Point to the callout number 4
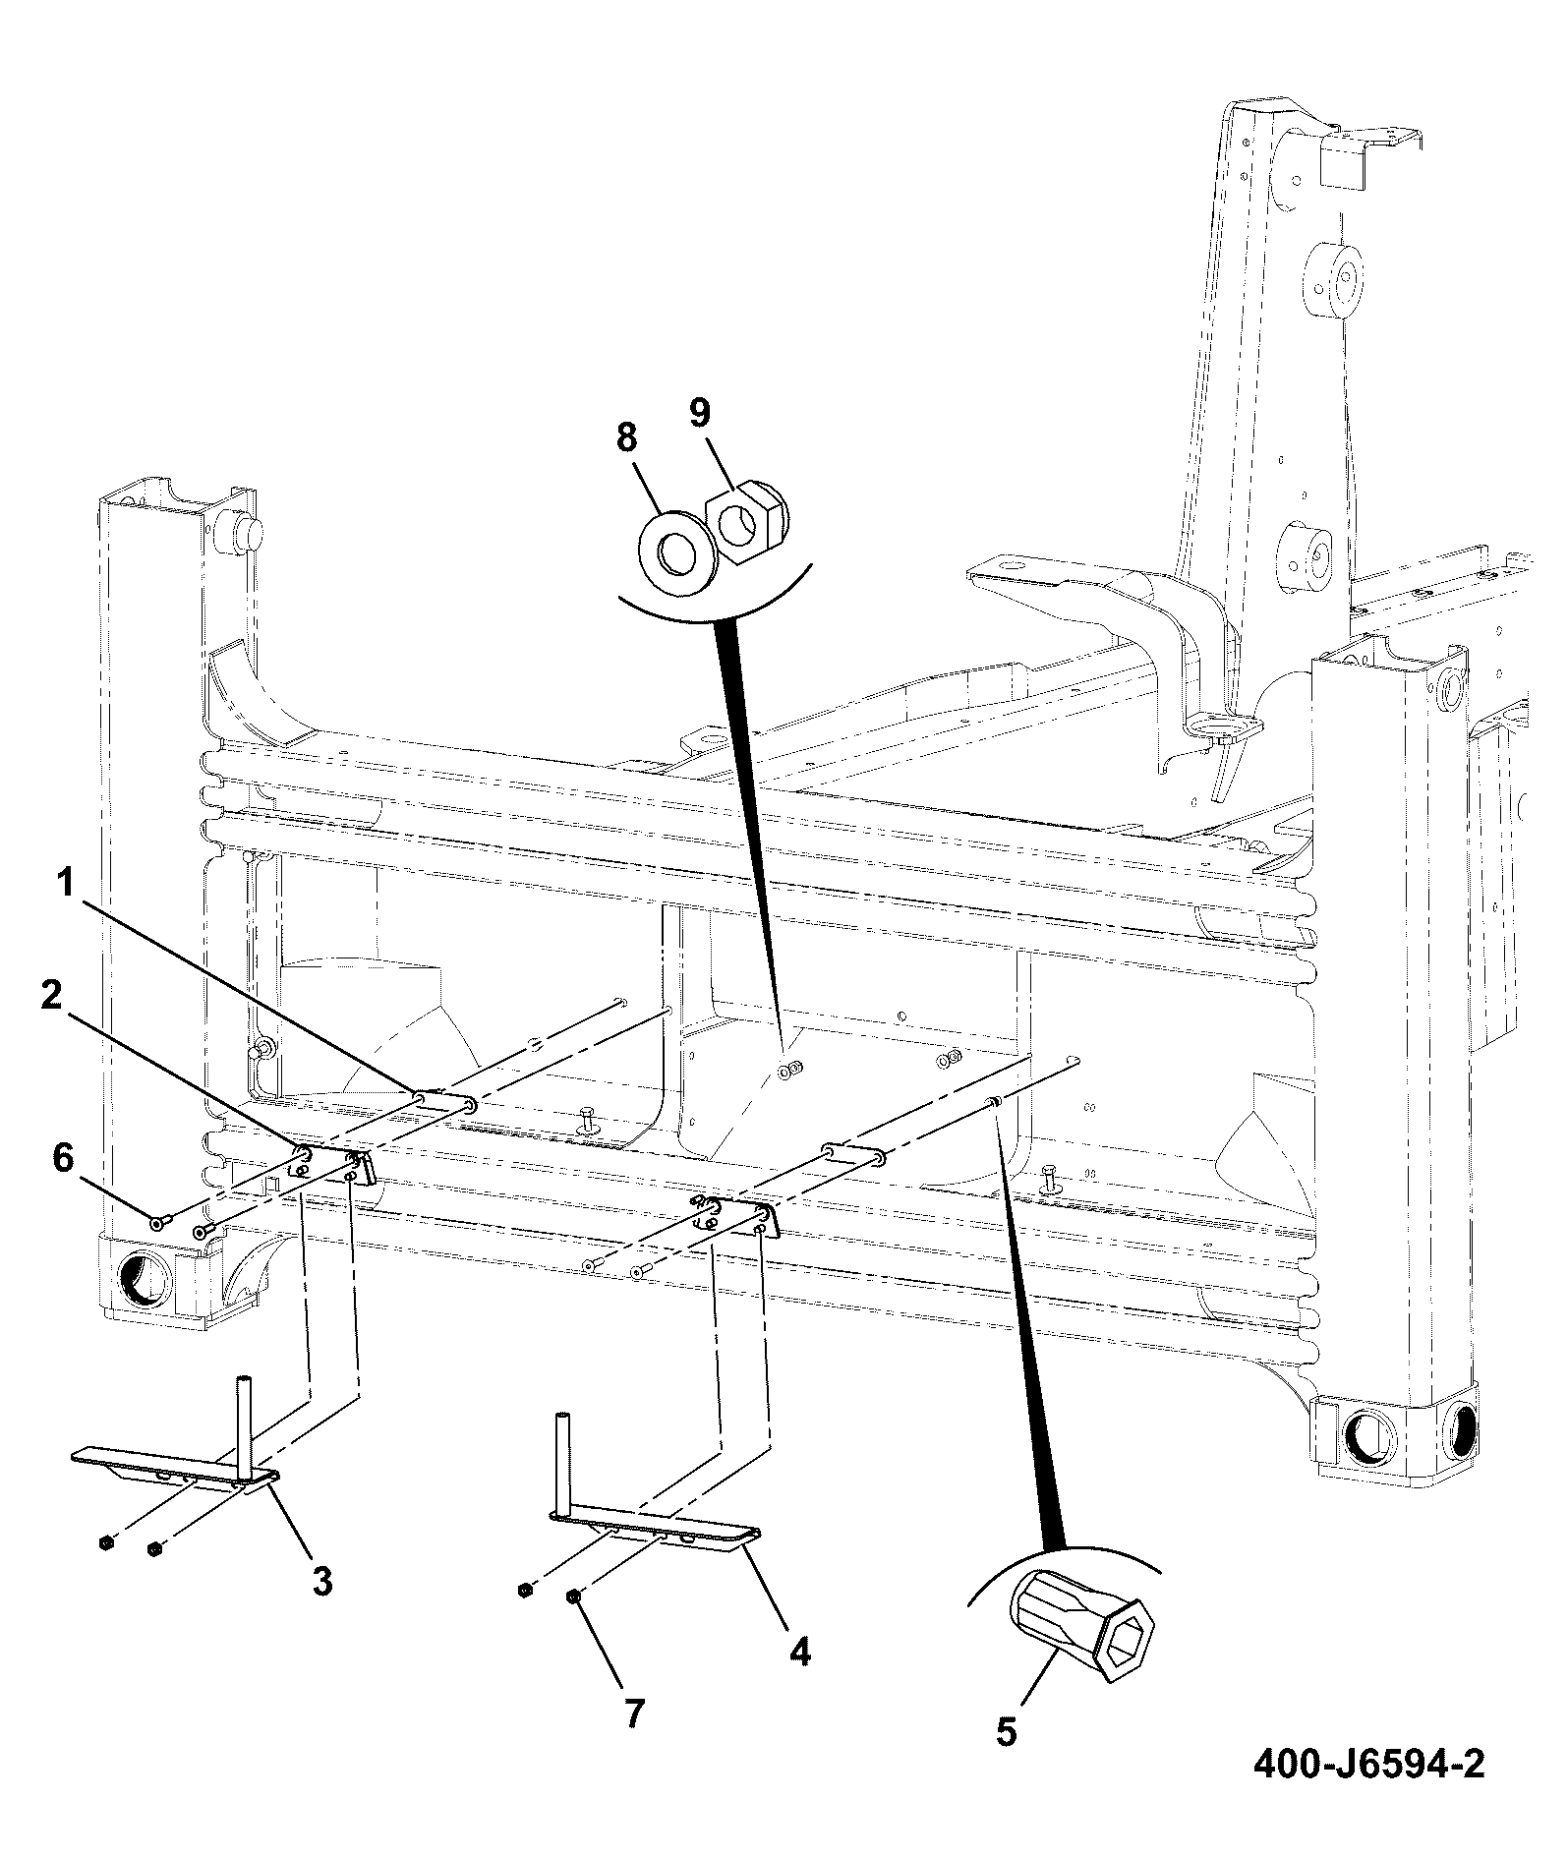point(800,1652)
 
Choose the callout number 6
point(62,1159)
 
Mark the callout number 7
point(634,1713)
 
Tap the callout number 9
point(698,412)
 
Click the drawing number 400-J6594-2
point(1367,1765)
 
